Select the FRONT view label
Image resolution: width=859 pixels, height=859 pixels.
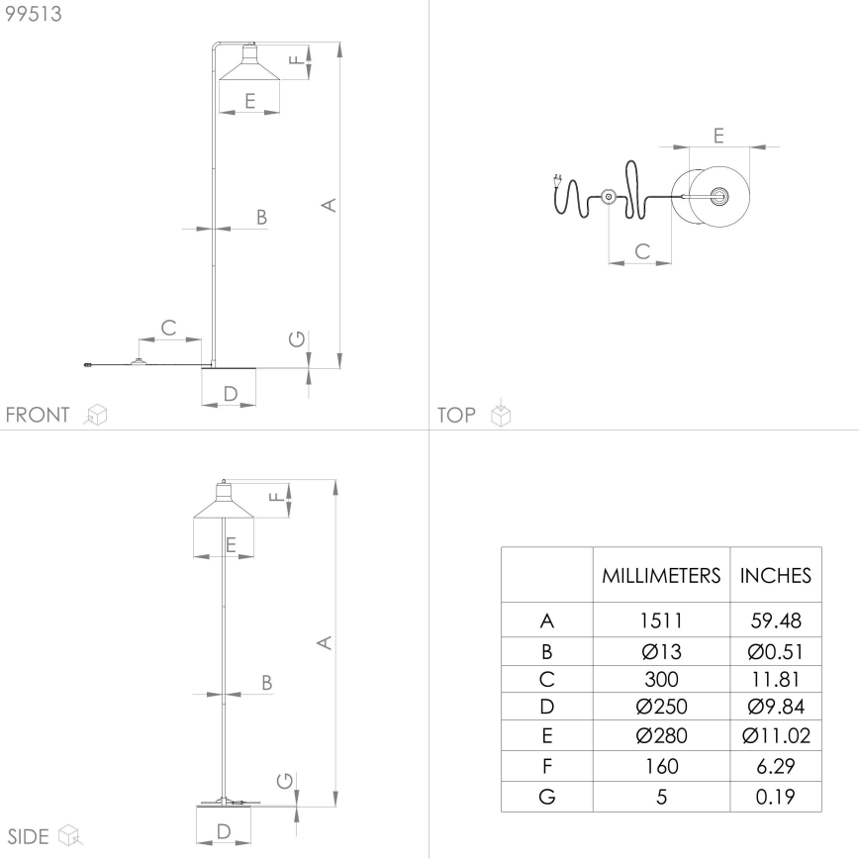[x=38, y=415]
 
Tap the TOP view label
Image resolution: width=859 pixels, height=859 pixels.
[x=456, y=415]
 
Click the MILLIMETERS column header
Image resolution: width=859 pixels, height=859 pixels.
[x=661, y=575]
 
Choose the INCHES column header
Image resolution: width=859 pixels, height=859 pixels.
[x=776, y=575]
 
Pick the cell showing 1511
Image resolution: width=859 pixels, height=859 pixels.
[x=661, y=622]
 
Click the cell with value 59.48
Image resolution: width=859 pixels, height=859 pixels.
[x=776, y=622]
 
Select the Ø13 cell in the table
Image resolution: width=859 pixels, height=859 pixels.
[x=661, y=651]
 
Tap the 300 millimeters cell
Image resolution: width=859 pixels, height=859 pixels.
[x=661, y=680]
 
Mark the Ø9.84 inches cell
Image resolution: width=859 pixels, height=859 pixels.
[x=776, y=708]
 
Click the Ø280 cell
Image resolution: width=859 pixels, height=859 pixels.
[x=661, y=736]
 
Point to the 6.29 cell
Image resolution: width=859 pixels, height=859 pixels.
[x=776, y=766]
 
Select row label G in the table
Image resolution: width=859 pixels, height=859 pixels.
[x=546, y=796]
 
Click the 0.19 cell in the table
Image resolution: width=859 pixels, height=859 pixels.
[x=776, y=796]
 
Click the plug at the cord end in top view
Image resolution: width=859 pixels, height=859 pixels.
[x=556, y=182]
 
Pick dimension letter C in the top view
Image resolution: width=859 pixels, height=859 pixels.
[x=640, y=251]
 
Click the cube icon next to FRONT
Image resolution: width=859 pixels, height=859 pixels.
[x=96, y=415]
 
